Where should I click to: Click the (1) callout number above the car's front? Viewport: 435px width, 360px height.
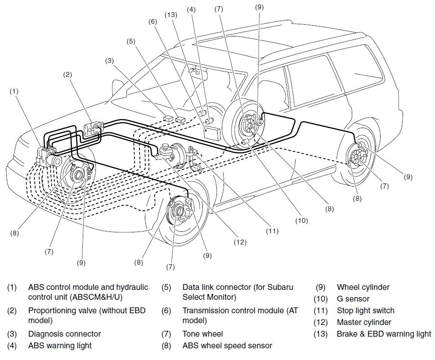14,91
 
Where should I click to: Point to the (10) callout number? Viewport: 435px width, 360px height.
301,220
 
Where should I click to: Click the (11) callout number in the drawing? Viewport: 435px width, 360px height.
272,231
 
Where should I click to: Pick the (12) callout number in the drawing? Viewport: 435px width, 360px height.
240,242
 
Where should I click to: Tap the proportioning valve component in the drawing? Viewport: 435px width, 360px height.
95,129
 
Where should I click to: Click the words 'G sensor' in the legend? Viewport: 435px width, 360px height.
353,299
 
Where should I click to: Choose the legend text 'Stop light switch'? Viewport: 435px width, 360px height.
365,311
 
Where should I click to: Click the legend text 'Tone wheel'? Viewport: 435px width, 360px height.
202,334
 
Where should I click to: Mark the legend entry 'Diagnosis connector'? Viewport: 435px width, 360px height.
64,334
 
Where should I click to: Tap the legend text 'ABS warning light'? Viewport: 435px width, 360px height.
60,346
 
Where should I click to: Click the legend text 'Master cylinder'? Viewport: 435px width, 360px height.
363,322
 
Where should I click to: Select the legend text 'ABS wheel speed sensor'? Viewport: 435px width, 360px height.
227,346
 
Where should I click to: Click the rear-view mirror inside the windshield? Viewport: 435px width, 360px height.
196,71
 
